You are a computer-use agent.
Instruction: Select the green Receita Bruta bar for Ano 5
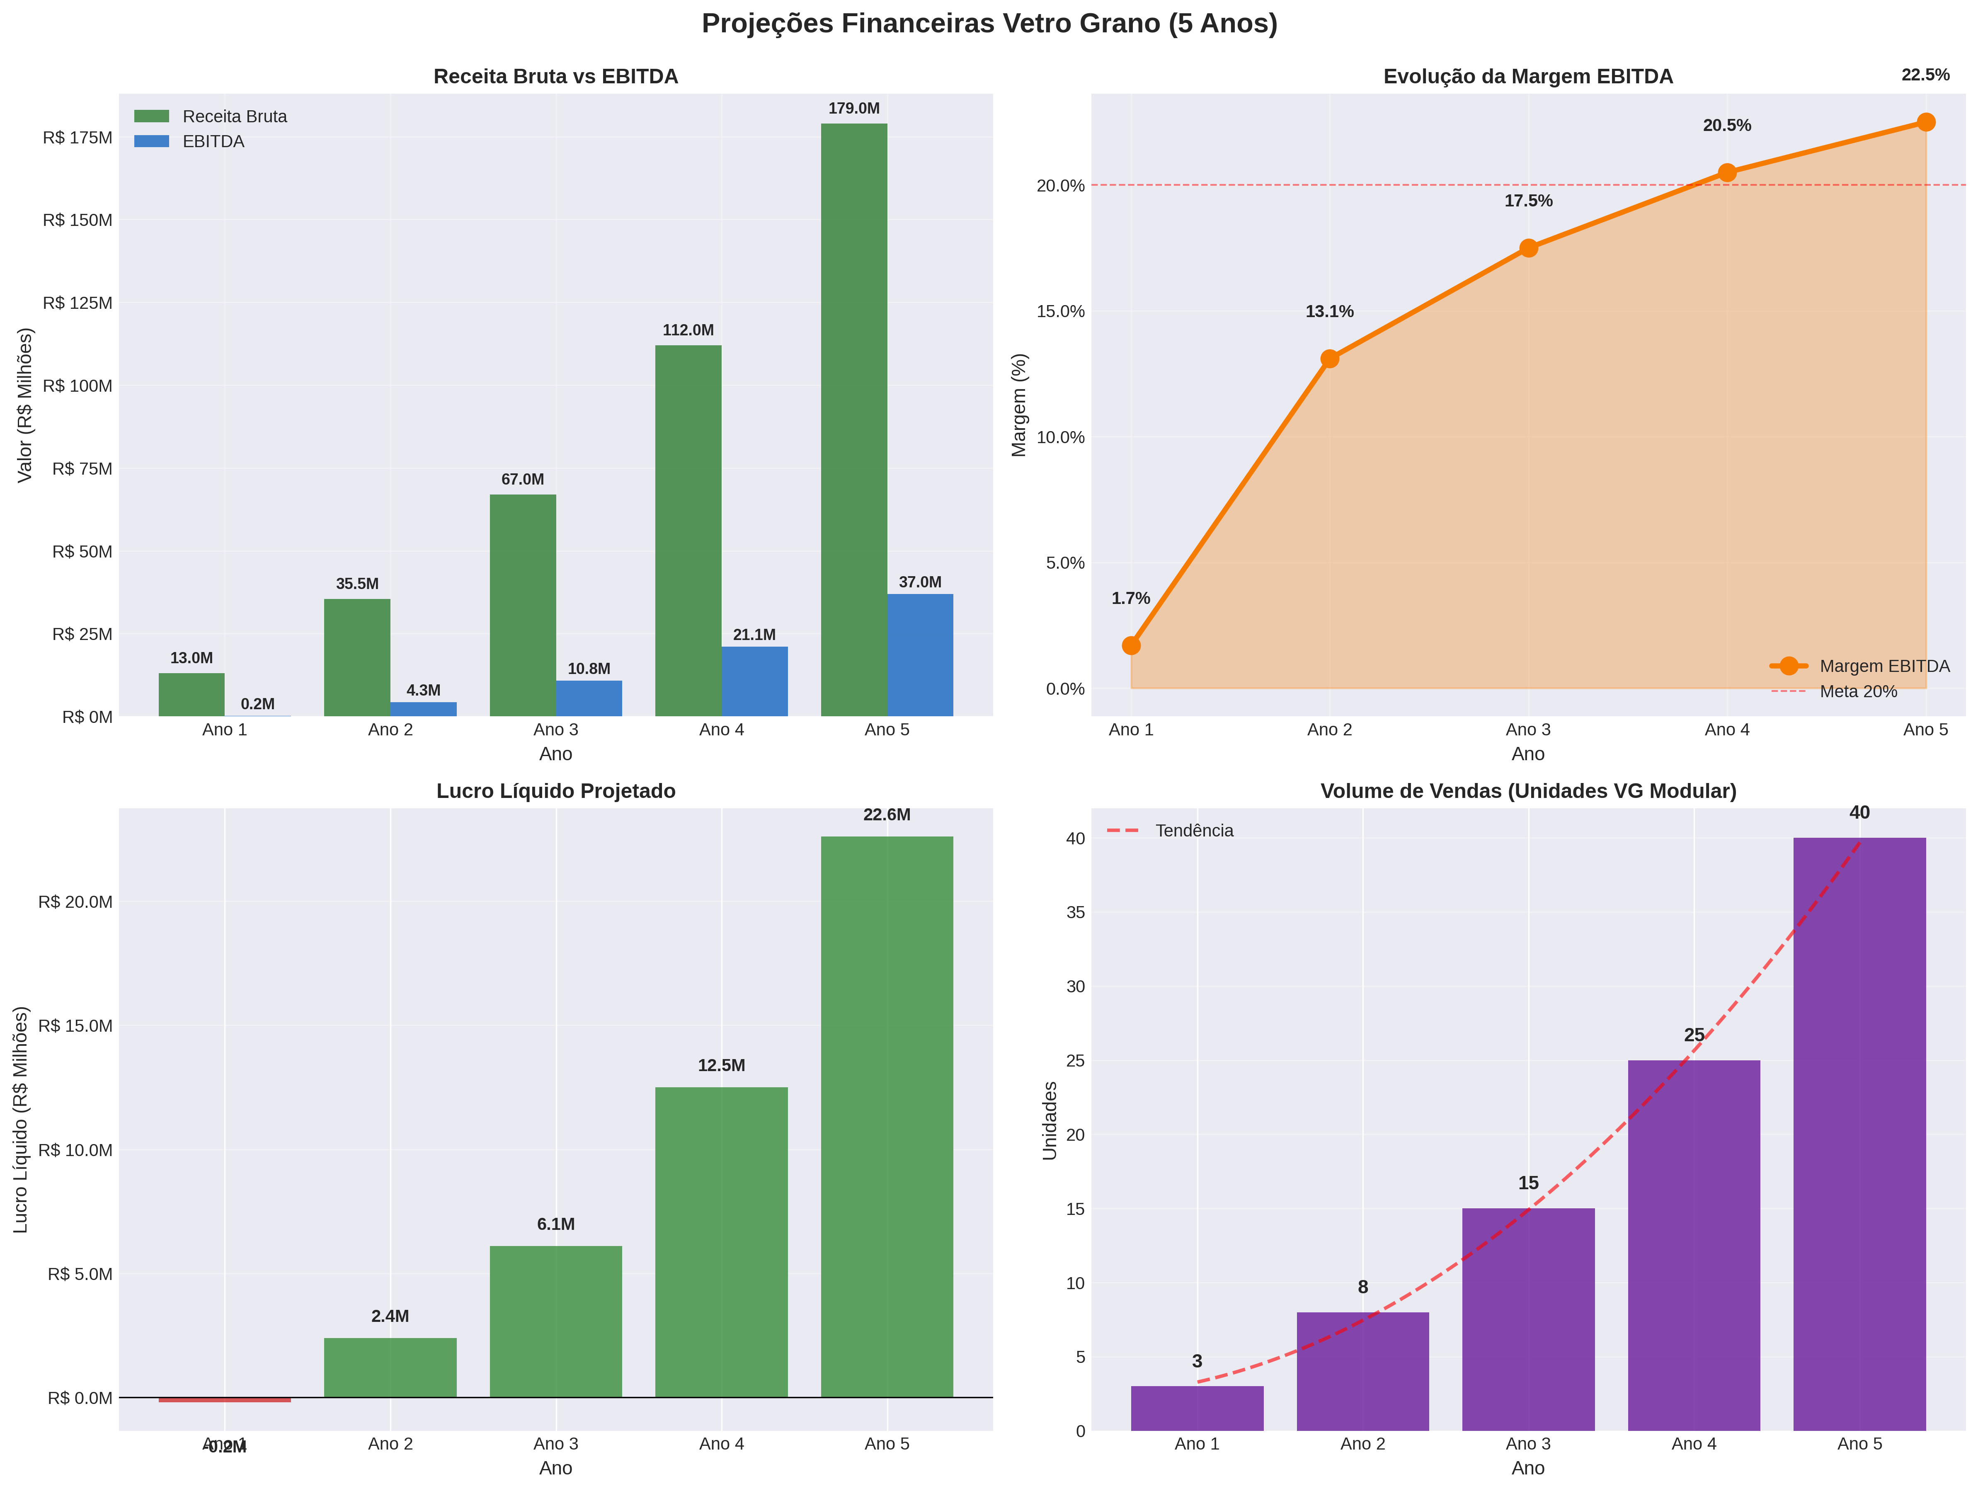coord(854,420)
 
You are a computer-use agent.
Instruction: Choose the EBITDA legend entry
coord(213,141)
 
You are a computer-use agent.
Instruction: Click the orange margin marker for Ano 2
coord(1330,359)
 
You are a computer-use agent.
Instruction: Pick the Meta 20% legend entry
coord(1857,691)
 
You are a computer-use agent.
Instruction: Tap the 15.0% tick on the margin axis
coord(1061,311)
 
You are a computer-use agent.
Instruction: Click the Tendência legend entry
coord(1193,831)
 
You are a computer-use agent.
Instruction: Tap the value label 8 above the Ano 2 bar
coord(1363,1287)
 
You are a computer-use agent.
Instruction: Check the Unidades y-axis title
coord(1050,1121)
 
